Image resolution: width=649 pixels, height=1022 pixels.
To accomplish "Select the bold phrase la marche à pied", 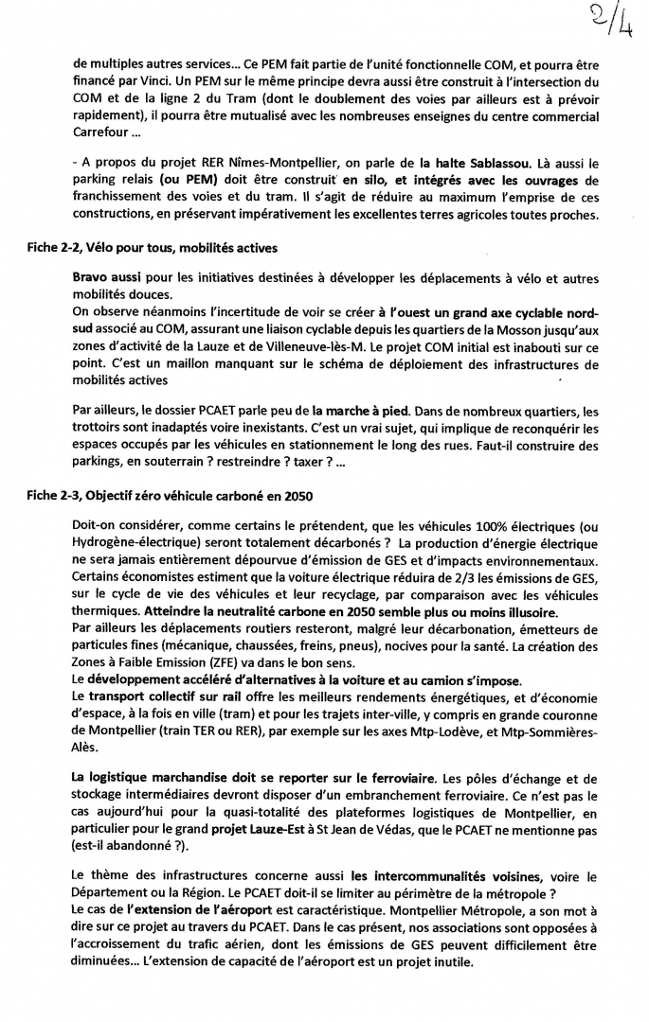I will pos(356,411).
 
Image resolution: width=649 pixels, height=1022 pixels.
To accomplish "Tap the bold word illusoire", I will pos(512,611).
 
